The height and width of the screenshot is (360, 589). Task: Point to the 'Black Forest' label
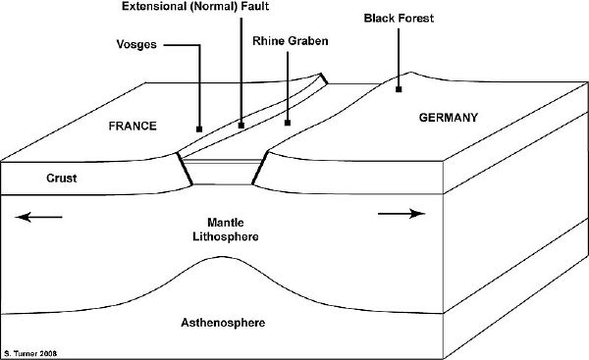pos(398,18)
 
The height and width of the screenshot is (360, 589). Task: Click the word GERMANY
pos(448,117)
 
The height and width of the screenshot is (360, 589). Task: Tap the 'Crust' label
pos(34,178)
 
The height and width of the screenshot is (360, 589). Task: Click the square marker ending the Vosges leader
pos(198,129)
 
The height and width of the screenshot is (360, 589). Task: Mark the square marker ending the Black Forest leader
pos(399,89)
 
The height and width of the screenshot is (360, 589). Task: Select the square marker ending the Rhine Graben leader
pos(287,124)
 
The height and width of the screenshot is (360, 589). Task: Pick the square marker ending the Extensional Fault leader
pos(241,125)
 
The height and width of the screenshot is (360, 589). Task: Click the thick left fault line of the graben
pos(184,170)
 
